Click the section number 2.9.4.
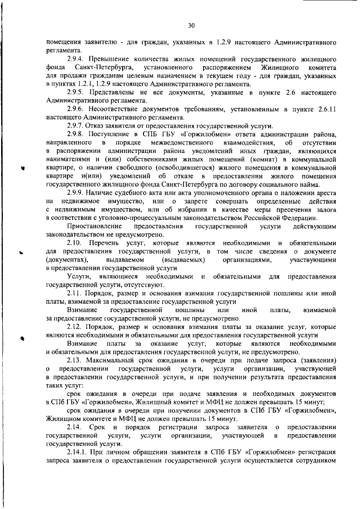click(x=75, y=58)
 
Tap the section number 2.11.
click(x=74, y=294)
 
